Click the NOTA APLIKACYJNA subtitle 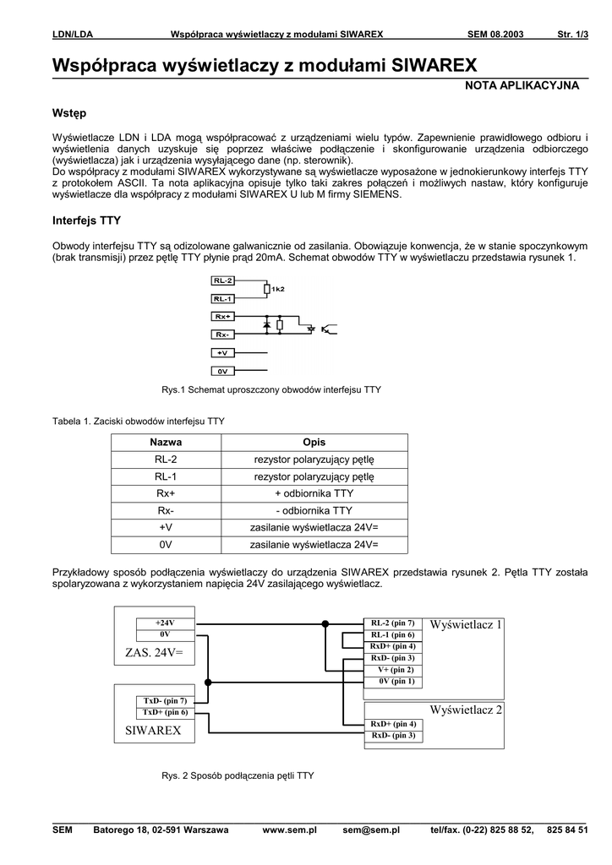pos(522,86)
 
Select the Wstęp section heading pos(69,113)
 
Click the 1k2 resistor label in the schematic pos(278,289)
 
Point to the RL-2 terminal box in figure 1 pos(223,280)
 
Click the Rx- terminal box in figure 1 pos(223,335)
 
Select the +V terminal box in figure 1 pos(223,353)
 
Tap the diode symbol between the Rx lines pos(267,324)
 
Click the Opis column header pos(314,443)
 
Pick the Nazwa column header pos(166,443)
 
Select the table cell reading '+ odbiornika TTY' pos(314,493)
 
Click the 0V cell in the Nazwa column pos(166,544)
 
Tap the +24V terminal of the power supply pos(164,623)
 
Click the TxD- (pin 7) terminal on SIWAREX pos(164,701)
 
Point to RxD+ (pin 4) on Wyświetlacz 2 pos(393,725)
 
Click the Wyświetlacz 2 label pos(466,710)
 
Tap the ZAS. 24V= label pos(154,653)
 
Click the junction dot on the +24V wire pos(325,624)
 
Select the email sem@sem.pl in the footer pos(371,830)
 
